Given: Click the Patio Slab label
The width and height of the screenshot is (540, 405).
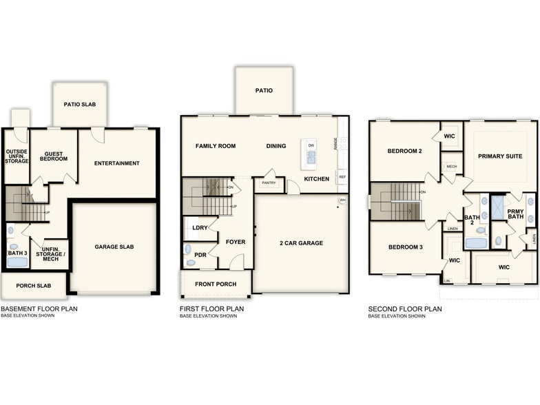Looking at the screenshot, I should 80,105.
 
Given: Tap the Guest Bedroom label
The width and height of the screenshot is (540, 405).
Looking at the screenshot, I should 54,156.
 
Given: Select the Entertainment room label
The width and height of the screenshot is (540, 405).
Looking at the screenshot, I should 117,163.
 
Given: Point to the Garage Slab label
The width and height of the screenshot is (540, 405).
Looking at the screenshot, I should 114,247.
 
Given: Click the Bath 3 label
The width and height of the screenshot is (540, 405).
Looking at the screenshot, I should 17,253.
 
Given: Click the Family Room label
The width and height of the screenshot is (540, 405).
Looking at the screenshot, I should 216,146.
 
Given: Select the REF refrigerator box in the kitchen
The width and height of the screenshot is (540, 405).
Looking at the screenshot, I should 342,177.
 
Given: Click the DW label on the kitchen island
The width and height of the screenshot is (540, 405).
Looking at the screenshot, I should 311,145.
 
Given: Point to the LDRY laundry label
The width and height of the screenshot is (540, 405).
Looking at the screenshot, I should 200,227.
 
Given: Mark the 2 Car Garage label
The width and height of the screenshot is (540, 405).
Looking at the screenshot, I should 302,242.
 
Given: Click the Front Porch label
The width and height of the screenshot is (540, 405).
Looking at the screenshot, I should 216,284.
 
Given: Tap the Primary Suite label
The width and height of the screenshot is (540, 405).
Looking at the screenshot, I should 501,156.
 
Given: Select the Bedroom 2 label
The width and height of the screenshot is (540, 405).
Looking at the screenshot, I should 404,151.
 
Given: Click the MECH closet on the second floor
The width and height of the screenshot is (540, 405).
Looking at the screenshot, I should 451,167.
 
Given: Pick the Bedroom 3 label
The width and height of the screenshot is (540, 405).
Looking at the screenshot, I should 404,247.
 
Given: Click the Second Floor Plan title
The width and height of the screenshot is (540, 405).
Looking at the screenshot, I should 405,309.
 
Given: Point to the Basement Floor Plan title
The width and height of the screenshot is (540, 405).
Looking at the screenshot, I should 39,309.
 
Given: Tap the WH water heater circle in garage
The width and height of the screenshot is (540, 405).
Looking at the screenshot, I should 342,200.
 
